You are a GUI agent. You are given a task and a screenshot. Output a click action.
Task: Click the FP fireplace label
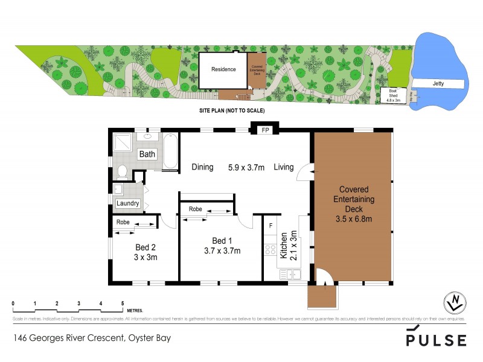[264, 130]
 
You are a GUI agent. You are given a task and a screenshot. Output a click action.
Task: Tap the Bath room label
[147, 154]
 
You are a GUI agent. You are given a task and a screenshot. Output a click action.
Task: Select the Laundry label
[128, 203]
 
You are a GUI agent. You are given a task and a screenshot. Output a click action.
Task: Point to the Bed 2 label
[146, 247]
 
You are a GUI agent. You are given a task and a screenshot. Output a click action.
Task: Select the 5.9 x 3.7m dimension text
[248, 167]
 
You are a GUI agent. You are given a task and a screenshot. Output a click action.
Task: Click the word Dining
[202, 167]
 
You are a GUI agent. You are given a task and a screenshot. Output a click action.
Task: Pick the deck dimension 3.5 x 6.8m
[354, 219]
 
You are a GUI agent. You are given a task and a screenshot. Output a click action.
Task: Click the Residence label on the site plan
[223, 69]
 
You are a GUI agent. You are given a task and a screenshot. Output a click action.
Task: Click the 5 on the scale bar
[123, 303]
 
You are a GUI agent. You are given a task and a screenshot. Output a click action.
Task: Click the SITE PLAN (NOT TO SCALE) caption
[232, 111]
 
